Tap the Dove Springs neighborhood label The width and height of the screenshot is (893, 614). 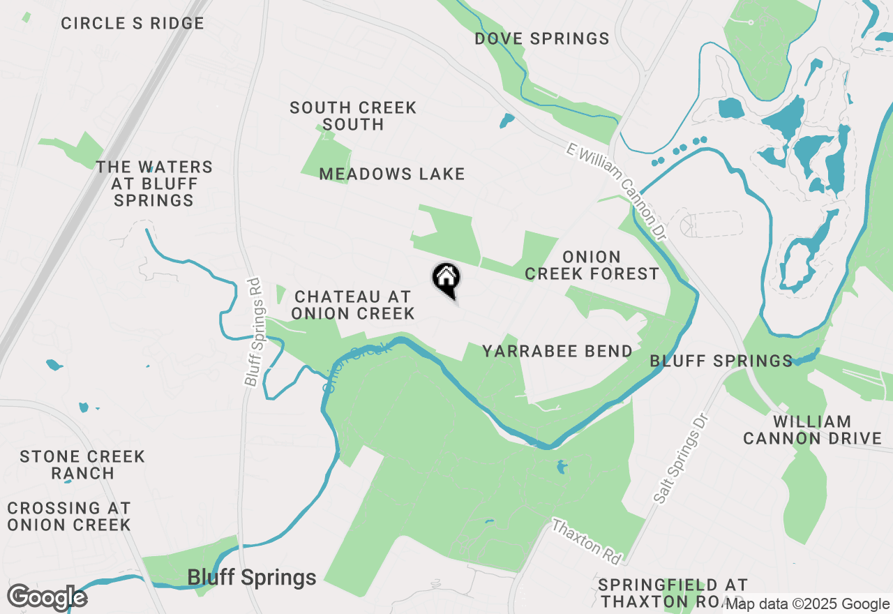[x=542, y=38]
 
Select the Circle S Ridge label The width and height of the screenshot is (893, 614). [x=133, y=23]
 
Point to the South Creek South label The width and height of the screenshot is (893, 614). [x=353, y=116]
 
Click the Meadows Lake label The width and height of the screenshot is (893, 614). [x=392, y=174]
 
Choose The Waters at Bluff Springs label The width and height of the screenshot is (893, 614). [x=154, y=184]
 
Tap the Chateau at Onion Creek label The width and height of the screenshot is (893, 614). [x=353, y=306]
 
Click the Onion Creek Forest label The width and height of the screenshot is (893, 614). [x=592, y=265]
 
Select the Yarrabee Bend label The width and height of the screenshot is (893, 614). [x=557, y=351]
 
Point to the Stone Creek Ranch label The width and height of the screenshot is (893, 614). [x=82, y=465]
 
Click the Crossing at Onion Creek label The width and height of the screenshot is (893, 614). [x=69, y=516]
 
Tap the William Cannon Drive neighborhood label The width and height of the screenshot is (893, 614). [x=812, y=430]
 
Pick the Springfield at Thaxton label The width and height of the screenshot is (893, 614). [x=673, y=592]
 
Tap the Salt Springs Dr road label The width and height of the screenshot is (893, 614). [x=682, y=458]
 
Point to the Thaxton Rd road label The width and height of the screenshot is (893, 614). [x=586, y=541]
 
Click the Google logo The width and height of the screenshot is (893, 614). [x=47, y=598]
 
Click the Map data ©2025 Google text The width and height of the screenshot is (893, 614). [x=807, y=604]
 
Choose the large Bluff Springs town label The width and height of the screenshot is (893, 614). [x=252, y=578]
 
